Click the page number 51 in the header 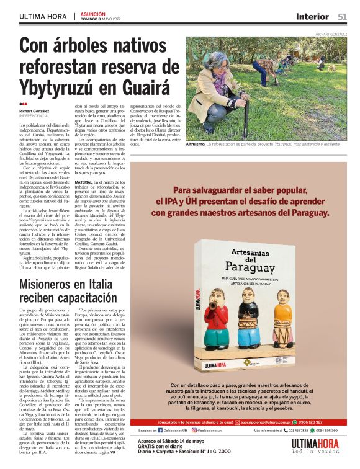click(x=342, y=16)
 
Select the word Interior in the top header click(x=312, y=16)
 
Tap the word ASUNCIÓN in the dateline click(x=93, y=13)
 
